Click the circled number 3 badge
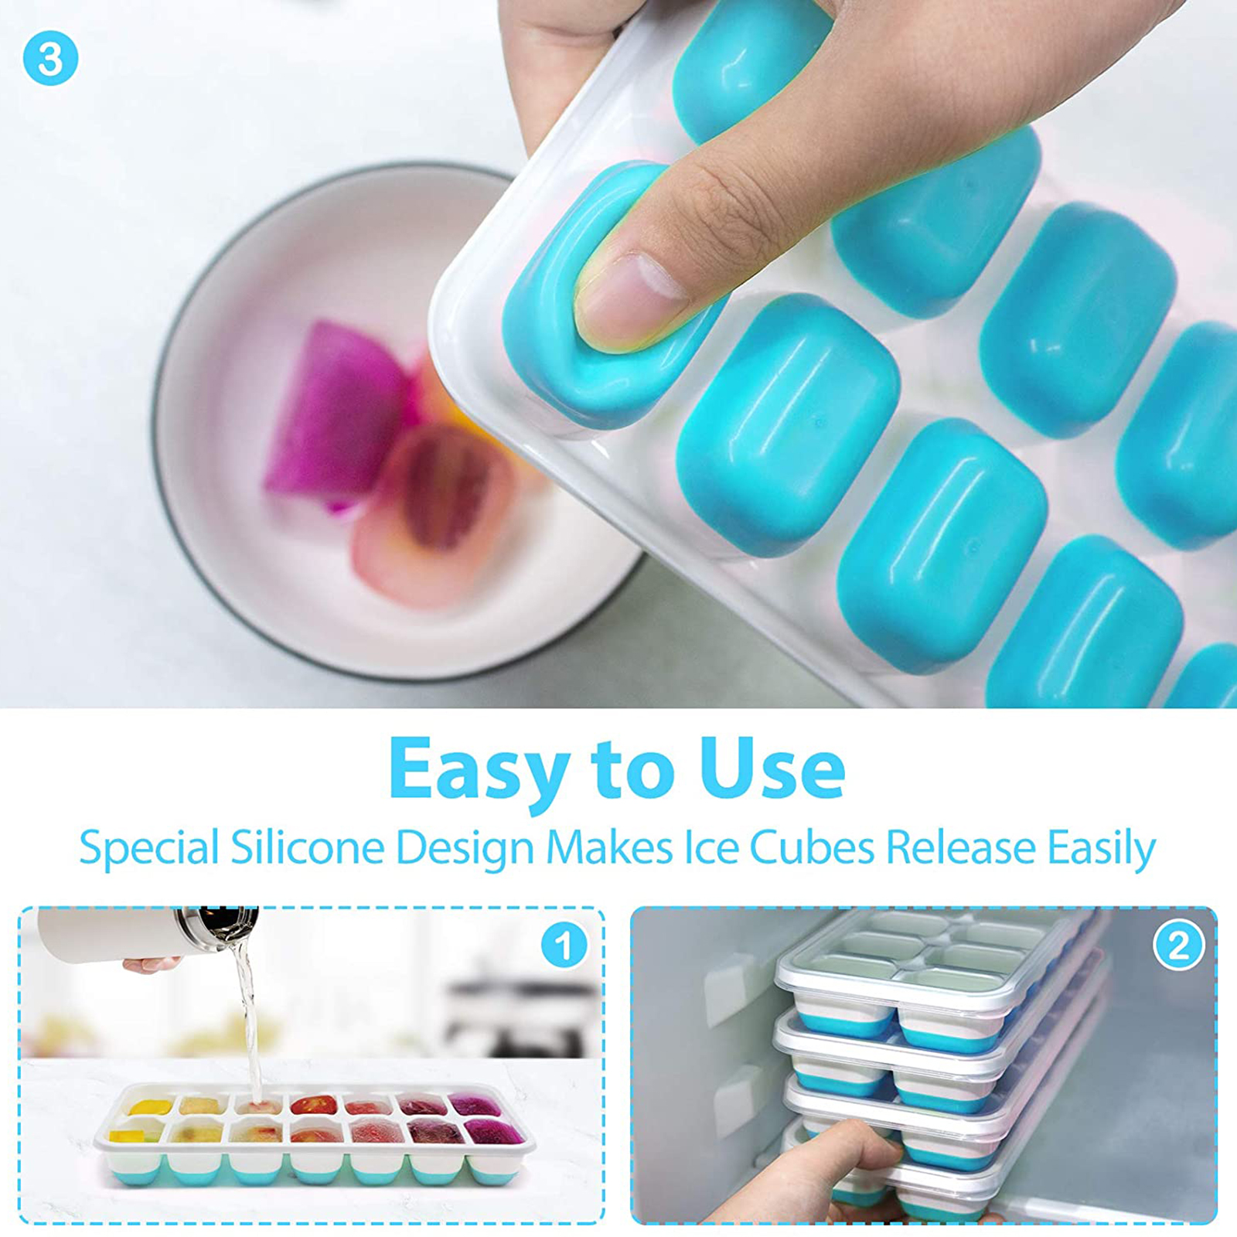(x=50, y=59)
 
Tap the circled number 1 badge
(x=564, y=945)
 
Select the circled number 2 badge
(x=1177, y=945)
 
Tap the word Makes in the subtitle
(x=609, y=847)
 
